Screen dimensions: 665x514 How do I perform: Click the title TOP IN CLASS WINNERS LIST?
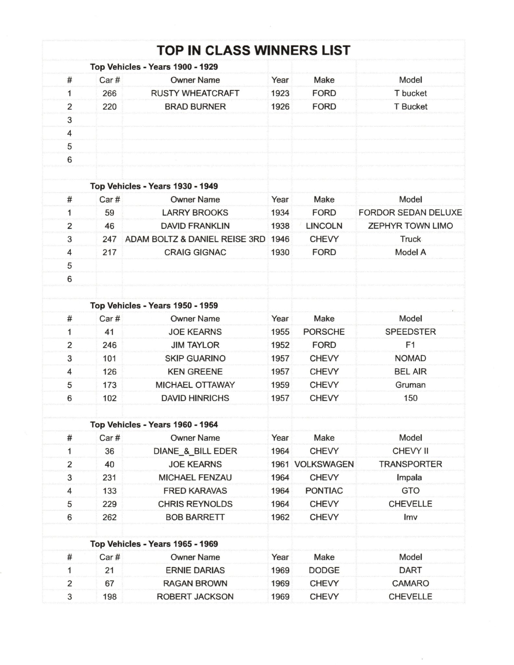[253, 50]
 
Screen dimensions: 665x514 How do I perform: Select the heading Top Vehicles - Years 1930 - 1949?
[154, 186]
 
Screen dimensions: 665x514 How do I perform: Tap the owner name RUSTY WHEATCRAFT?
[195, 93]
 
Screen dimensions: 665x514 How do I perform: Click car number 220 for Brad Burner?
[109, 107]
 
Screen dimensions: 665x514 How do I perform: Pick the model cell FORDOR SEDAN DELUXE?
[410, 213]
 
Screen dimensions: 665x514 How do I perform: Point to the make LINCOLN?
[324, 226]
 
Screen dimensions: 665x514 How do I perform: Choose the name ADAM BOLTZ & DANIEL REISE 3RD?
[195, 239]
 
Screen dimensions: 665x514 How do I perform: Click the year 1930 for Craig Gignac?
[280, 252]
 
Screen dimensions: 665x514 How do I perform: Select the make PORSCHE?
[324, 332]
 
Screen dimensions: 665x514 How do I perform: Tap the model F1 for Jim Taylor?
[410, 345]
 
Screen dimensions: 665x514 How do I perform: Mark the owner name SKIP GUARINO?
[195, 358]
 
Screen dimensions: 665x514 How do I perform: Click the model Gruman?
[410, 385]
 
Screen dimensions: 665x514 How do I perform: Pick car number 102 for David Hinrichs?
[109, 398]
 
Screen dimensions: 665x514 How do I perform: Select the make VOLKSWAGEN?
[324, 464]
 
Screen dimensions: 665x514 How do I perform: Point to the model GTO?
[410, 491]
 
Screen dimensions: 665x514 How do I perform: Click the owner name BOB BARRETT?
[195, 517]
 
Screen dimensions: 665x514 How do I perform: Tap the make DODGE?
[324, 570]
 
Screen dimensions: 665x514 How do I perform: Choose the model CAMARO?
[410, 583]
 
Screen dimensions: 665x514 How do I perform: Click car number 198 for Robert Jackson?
[109, 597]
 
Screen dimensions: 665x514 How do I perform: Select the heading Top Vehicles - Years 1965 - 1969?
[154, 544]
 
